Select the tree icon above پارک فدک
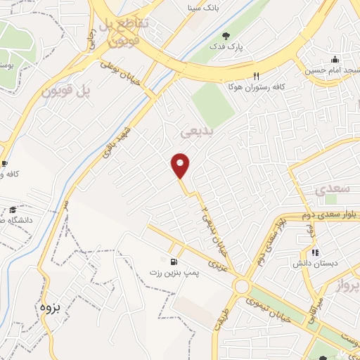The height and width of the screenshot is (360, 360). click(226, 35)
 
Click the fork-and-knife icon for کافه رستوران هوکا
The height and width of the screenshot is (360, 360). click(256, 76)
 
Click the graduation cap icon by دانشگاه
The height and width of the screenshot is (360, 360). click(13, 210)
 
